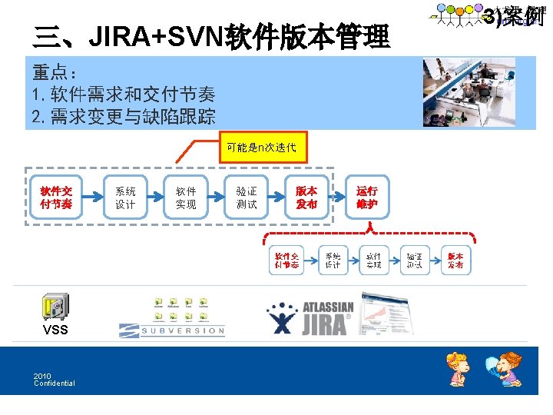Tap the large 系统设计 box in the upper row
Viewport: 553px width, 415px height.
point(125,198)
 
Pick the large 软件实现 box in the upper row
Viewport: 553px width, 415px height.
point(186,198)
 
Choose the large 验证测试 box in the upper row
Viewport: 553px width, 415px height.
point(247,198)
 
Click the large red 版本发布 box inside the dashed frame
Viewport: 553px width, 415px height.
point(306,198)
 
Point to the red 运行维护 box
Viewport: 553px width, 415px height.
point(367,198)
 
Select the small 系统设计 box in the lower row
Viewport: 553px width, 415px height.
point(333,261)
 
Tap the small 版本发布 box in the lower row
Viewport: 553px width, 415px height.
point(455,261)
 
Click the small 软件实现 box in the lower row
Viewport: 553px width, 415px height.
point(373,261)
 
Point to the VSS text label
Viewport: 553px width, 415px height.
point(55,330)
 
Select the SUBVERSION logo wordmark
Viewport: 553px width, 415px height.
point(172,331)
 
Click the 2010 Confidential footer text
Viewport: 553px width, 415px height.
point(54,380)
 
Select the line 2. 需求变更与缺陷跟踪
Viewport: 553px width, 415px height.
point(124,117)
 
